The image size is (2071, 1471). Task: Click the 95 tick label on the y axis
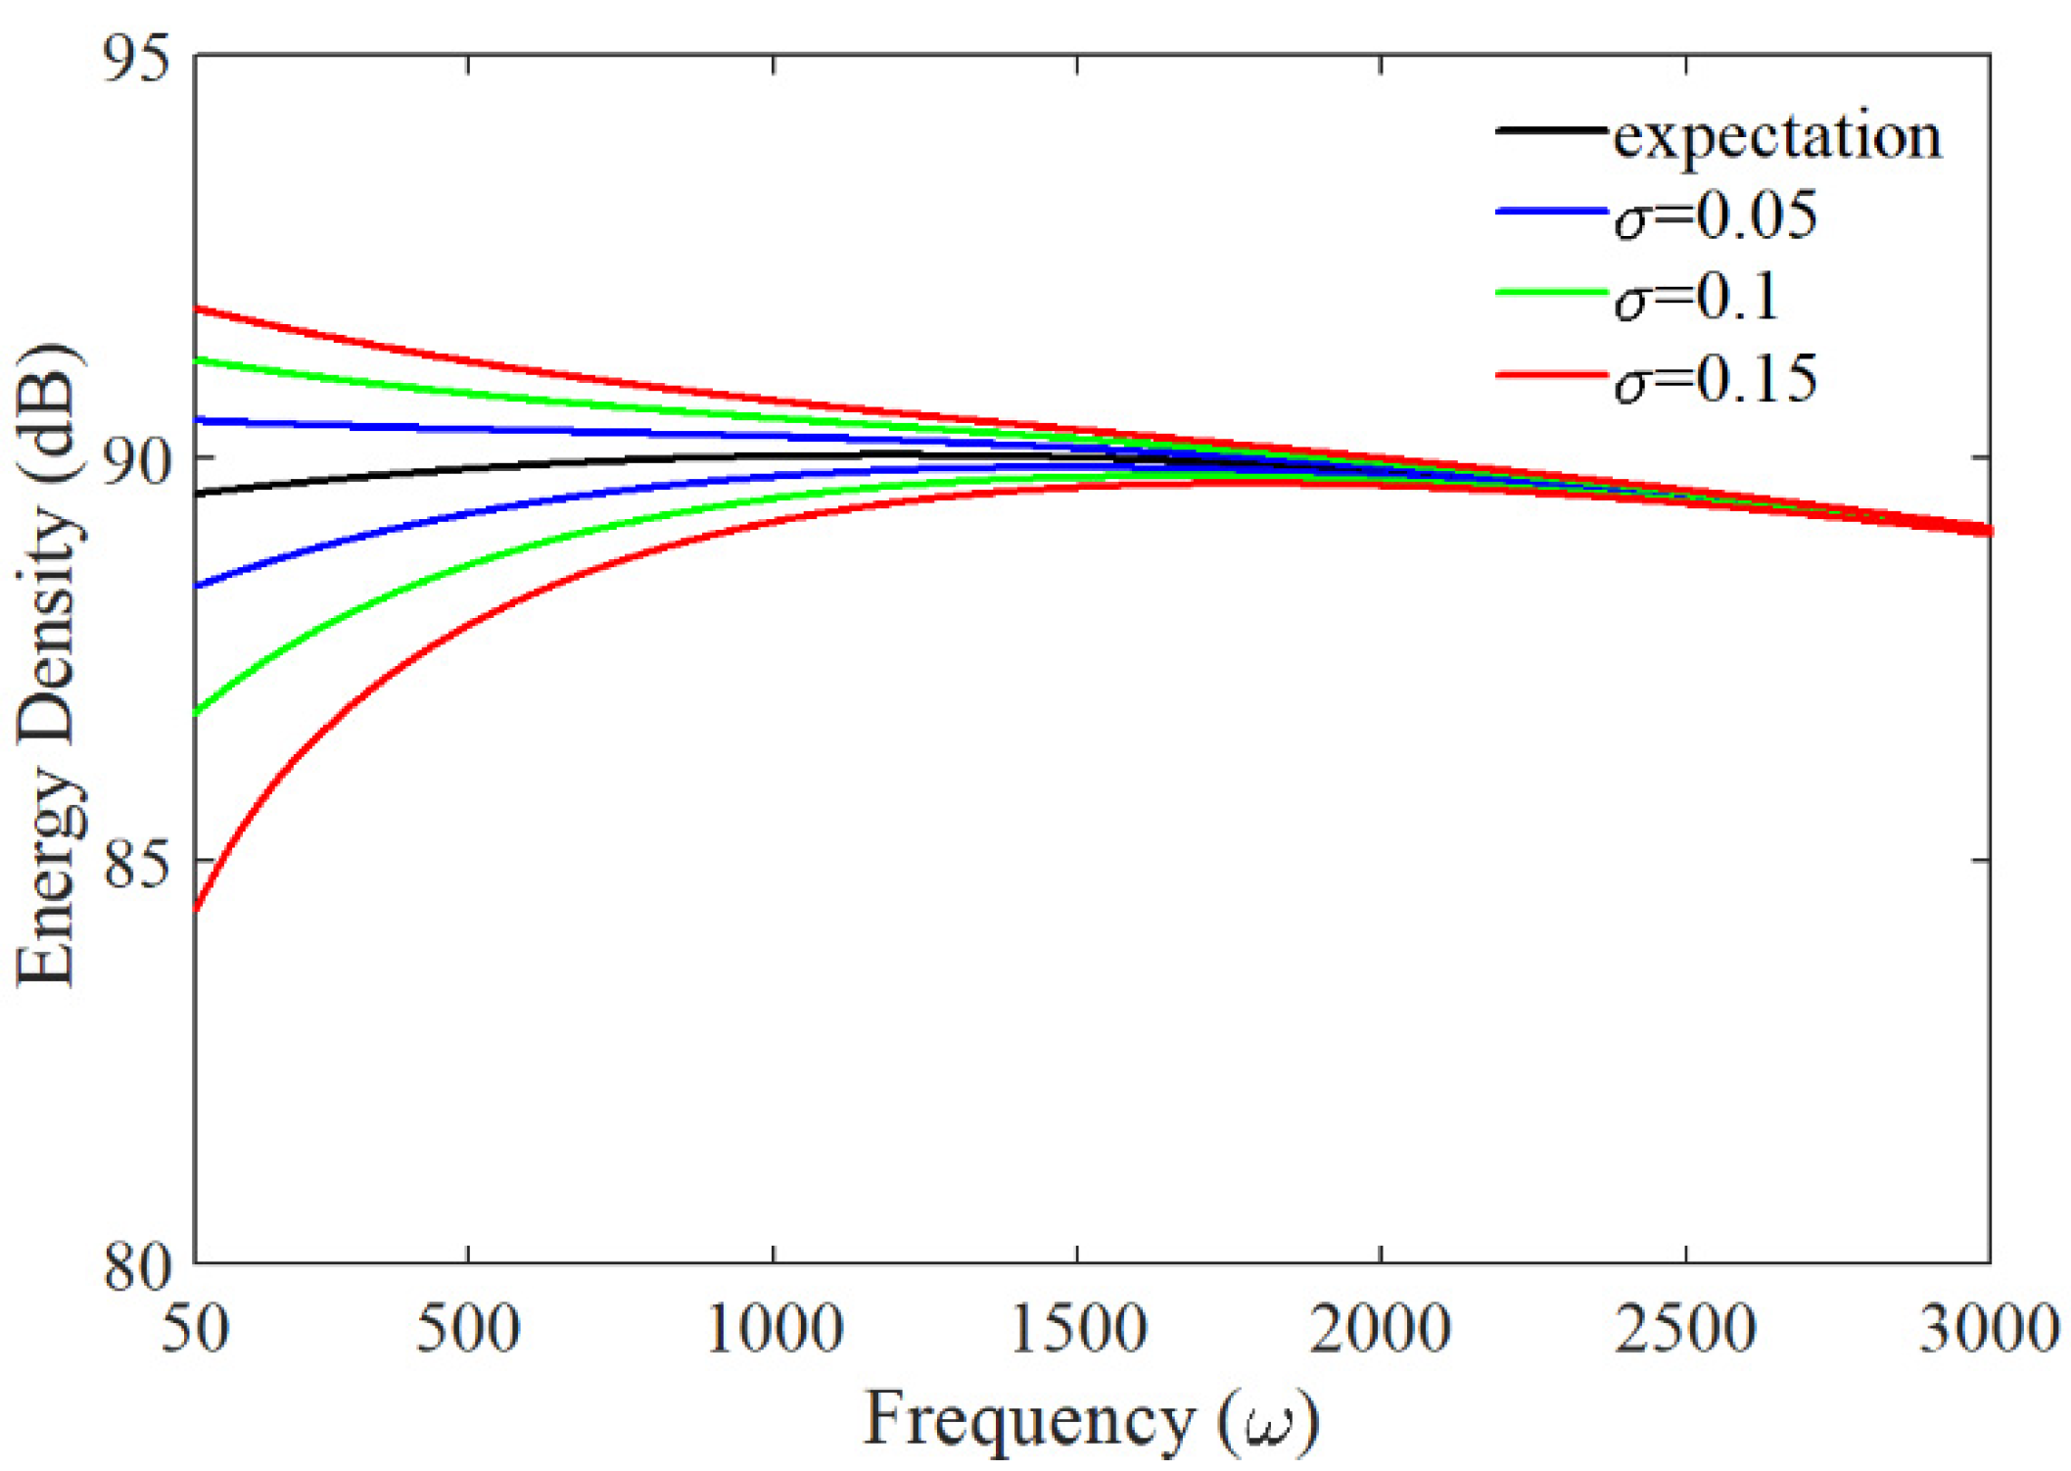136,59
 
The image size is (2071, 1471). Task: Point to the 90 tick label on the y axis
136,461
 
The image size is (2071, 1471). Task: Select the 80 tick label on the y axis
136,1266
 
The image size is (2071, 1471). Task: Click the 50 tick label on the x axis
196,1330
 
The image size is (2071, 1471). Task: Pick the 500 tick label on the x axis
468,1330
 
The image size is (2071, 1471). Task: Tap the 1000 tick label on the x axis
774,1330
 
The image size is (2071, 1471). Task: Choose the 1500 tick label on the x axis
1077,1330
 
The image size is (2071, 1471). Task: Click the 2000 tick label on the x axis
1381,1330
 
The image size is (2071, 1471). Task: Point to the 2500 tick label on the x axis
1685,1330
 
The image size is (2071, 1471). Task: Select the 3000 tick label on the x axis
1988,1330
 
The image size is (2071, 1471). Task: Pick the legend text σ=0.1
1696,297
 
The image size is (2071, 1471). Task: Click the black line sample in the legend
1551,130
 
